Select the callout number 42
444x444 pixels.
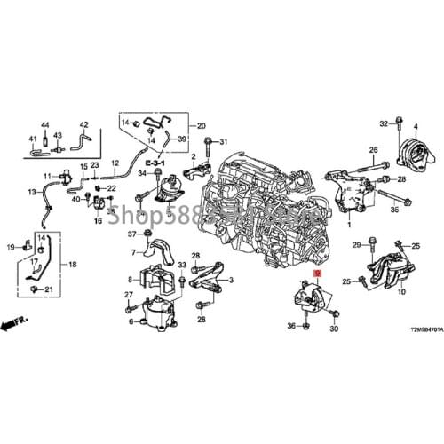[x=84, y=124]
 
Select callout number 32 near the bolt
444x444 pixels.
[x=385, y=123]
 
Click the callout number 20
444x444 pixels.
[x=201, y=125]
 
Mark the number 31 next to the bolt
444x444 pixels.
[x=224, y=142]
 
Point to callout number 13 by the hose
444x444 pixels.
[x=34, y=192]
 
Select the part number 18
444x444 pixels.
[x=73, y=265]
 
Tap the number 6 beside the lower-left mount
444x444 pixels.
[x=131, y=321]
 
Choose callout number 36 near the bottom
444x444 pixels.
[x=290, y=328]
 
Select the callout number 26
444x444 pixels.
[x=373, y=149]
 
